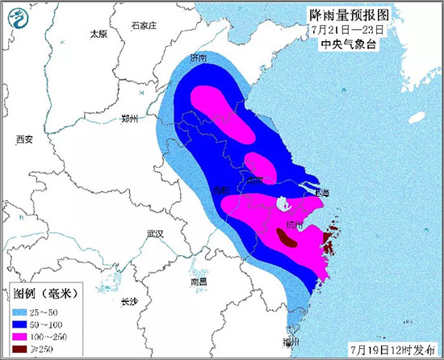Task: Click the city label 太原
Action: point(98,34)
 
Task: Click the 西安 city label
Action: point(24,139)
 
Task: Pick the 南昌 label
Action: point(199,281)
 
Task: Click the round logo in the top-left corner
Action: point(16,16)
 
